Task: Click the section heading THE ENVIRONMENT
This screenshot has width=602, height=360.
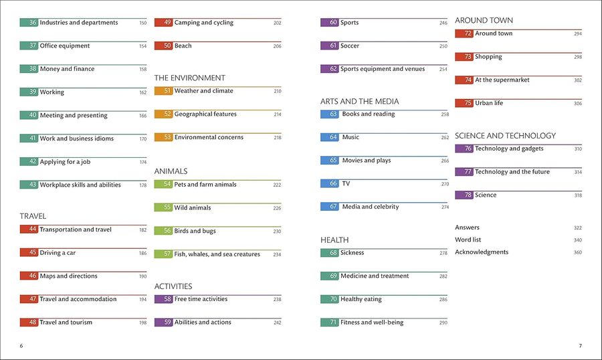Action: pyautogui.click(x=190, y=78)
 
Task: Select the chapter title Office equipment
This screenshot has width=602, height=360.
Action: pyautogui.click(x=64, y=46)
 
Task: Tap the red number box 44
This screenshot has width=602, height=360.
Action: pyautogui.click(x=29, y=230)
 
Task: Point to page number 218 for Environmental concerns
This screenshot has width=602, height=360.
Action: pyautogui.click(x=278, y=138)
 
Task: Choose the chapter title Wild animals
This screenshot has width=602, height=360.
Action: pyautogui.click(x=193, y=208)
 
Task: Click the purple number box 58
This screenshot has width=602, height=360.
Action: pyautogui.click(x=163, y=299)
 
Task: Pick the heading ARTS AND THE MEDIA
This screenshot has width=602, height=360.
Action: pyautogui.click(x=360, y=102)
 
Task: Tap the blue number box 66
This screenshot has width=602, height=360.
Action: pyautogui.click(x=329, y=183)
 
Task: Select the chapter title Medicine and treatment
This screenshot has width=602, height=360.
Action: pyautogui.click(x=375, y=276)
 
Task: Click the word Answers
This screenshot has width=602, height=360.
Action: pyautogui.click(x=467, y=228)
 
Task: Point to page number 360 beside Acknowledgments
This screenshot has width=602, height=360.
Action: pyautogui.click(x=578, y=252)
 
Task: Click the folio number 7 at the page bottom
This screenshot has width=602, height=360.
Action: pyautogui.click(x=580, y=346)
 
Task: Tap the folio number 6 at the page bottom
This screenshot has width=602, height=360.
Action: pyautogui.click(x=21, y=346)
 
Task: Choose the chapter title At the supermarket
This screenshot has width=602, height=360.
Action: pyautogui.click(x=502, y=80)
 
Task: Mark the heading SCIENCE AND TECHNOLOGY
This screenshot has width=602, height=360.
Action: pyautogui.click(x=505, y=136)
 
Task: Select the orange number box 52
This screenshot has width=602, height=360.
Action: pyautogui.click(x=163, y=114)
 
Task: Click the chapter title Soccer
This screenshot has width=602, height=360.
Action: pyautogui.click(x=349, y=46)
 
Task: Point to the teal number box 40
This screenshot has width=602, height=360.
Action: pyautogui.click(x=29, y=115)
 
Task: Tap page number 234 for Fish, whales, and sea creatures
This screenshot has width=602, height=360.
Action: pyautogui.click(x=277, y=254)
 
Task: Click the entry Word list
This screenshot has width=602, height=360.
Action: pyautogui.click(x=468, y=240)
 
